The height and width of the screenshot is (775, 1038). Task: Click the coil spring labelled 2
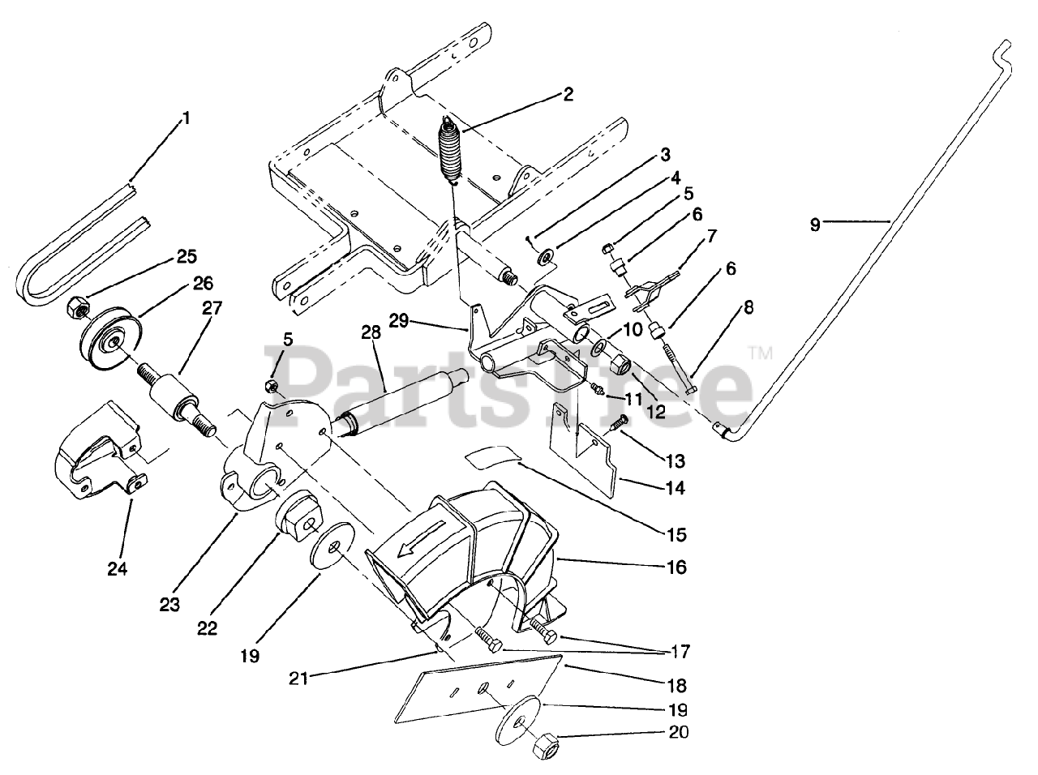(x=448, y=151)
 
